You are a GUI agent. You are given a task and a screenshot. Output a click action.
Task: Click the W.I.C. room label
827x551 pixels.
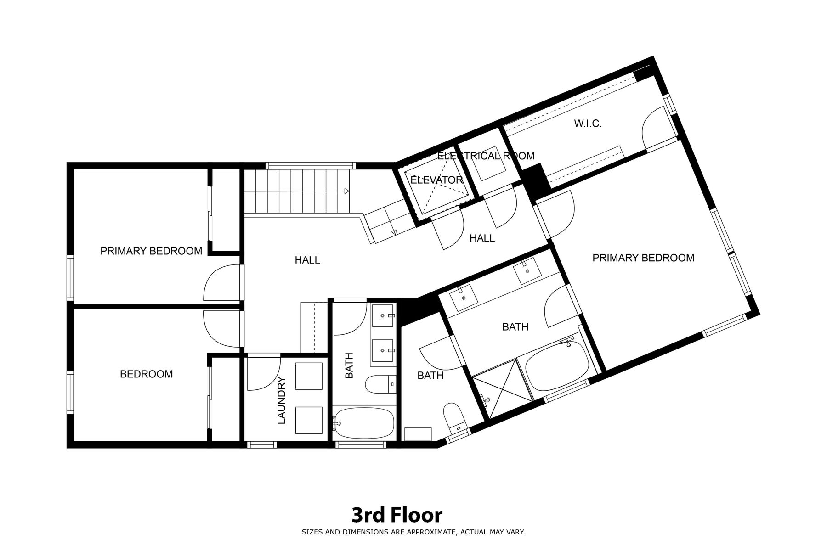pyautogui.click(x=588, y=124)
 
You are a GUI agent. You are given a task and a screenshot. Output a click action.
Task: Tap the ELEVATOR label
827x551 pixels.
pyautogui.click(x=436, y=180)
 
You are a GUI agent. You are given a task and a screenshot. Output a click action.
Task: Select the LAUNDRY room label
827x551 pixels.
pyautogui.click(x=282, y=400)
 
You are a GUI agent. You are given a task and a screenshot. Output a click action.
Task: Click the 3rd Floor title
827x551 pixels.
pyautogui.click(x=397, y=515)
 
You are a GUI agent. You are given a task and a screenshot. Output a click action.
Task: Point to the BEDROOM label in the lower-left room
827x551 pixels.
pyautogui.click(x=146, y=374)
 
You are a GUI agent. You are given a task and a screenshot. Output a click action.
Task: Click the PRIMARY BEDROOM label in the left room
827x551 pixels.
pyautogui.click(x=151, y=251)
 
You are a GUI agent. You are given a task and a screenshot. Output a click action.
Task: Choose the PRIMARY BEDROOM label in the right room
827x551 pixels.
pyautogui.click(x=643, y=258)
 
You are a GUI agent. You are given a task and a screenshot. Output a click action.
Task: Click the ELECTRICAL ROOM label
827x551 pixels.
pyautogui.click(x=486, y=156)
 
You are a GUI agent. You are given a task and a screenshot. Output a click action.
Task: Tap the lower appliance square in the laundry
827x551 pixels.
pyautogui.click(x=309, y=420)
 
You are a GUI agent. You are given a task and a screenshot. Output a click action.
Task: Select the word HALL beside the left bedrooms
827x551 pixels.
pyautogui.click(x=307, y=260)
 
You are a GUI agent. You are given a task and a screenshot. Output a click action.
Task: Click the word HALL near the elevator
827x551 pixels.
pyautogui.click(x=482, y=238)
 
